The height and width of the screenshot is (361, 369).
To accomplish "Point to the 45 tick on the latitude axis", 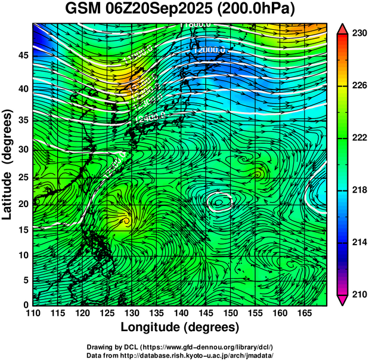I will click(23, 55).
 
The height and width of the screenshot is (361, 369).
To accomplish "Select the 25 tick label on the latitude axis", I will click(23, 177).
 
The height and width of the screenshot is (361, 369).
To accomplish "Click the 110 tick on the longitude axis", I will click(33, 313).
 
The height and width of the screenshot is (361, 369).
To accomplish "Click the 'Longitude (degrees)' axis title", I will click(180, 328).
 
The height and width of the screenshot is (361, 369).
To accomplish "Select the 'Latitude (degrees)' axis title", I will click(8, 163).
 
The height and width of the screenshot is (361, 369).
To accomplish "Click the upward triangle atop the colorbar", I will click(343, 29).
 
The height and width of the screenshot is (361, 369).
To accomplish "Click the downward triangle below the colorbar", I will click(343, 300).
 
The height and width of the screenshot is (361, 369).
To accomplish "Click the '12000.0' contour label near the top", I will click(210, 51).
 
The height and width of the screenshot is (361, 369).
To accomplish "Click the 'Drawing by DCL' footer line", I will click(180, 347).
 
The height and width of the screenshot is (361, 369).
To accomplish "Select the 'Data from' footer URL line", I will click(180, 354).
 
